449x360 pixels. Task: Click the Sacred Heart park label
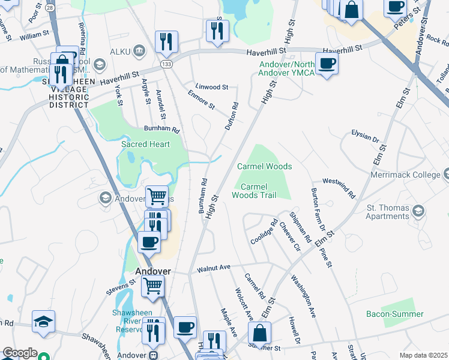pos(145,145)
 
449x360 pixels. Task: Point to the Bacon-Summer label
pos(394,314)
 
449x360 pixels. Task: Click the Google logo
pos(20,353)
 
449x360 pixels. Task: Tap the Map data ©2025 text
pos(423,355)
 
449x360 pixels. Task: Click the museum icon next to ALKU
pos(140,49)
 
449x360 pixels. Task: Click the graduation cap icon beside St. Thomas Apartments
pos(418,211)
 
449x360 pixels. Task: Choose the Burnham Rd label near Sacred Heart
pos(161,129)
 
